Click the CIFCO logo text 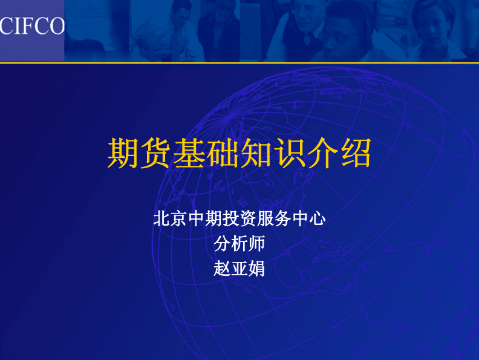32,25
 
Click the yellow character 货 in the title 155,153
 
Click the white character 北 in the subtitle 161,218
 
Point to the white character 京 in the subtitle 178,218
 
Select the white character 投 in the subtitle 231,218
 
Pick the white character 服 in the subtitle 266,218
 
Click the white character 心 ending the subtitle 318,218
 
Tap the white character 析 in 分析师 239,244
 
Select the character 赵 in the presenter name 222,269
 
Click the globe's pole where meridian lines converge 229,116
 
